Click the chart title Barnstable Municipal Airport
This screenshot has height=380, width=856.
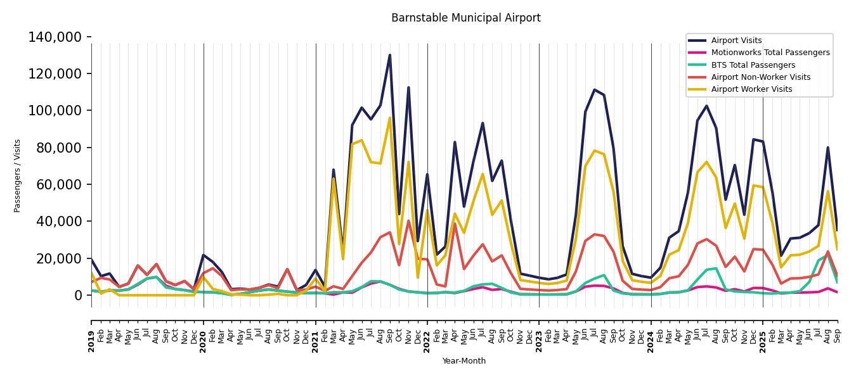pyautogui.click(x=465, y=18)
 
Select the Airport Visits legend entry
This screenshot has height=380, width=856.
pyautogui.click(x=736, y=41)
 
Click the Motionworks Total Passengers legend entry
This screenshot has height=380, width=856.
pyautogui.click(x=770, y=53)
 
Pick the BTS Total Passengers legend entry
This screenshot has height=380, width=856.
pyautogui.click(x=753, y=65)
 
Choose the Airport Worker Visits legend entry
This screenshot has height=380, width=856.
pyautogui.click(x=751, y=89)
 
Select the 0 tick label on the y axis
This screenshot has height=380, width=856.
pyautogui.click(x=78, y=295)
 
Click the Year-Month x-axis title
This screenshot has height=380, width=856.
pyautogui.click(x=464, y=361)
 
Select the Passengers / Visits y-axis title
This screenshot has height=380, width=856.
pyautogui.click(x=18, y=175)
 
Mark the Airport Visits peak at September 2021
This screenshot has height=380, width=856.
pyautogui.click(x=390, y=55)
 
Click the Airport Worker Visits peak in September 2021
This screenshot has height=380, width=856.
pyautogui.click(x=390, y=118)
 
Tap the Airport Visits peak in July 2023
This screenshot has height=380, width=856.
pyautogui.click(x=595, y=89)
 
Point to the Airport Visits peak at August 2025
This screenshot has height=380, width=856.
pyautogui.click(x=827, y=148)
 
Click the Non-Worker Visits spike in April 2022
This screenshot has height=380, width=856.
pyautogui.click(x=455, y=223)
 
